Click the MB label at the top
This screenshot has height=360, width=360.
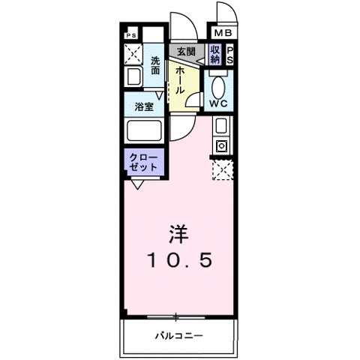point(223,34)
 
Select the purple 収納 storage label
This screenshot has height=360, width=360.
point(215,53)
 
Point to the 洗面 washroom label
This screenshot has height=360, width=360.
point(155,65)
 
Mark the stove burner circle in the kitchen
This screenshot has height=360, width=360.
point(222,145)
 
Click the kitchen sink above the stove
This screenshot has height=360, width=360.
point(222,125)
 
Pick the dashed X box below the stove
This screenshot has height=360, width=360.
point(222,170)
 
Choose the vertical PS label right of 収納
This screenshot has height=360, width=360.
point(230,54)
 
